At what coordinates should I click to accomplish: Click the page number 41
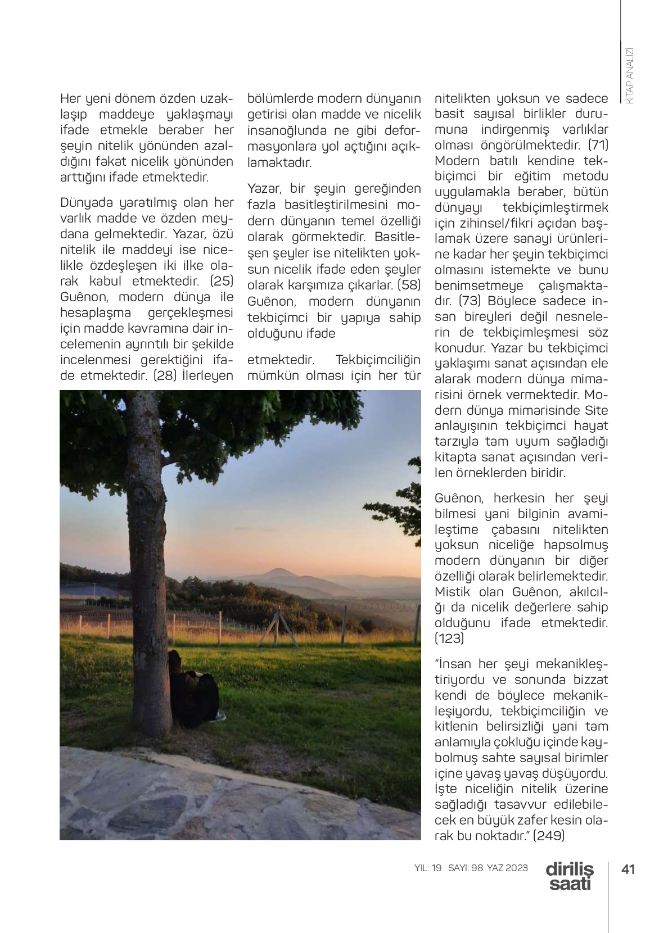click(x=628, y=869)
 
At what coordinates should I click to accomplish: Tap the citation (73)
click(x=470, y=301)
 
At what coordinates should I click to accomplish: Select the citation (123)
click(x=449, y=638)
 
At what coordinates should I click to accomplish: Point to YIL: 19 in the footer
click(x=428, y=868)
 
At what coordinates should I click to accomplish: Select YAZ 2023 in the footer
click(x=508, y=868)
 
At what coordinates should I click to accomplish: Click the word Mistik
click(x=453, y=592)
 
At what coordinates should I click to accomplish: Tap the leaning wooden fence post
click(x=281, y=624)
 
